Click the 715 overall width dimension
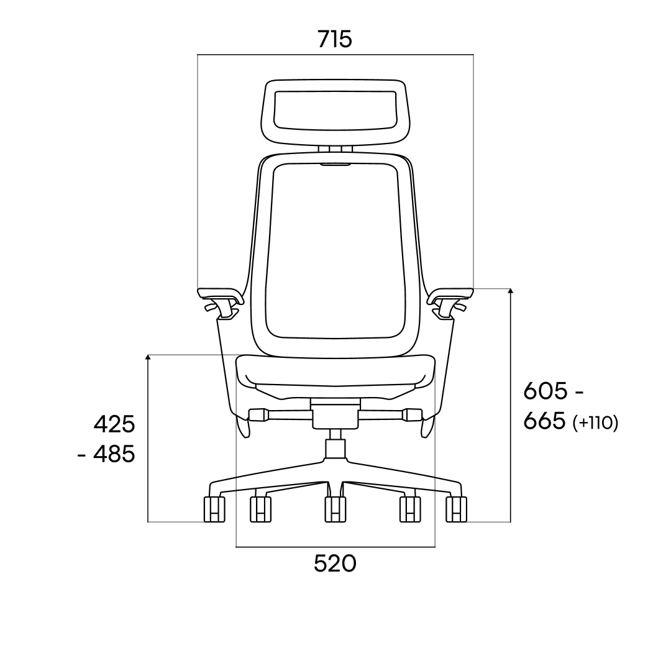point(335,39)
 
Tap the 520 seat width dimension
point(335,564)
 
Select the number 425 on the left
point(114,424)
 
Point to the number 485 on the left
point(114,454)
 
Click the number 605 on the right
point(545,391)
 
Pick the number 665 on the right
point(544,421)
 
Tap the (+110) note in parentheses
point(595,423)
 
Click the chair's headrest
point(335,111)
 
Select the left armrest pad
point(220,295)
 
